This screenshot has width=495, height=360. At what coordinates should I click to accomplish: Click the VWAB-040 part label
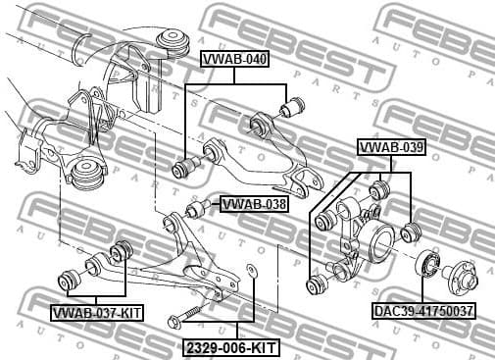tap(234, 58)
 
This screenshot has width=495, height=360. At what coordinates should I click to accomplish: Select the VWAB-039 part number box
tap(390, 147)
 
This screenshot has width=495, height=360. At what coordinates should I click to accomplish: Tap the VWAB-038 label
tap(253, 204)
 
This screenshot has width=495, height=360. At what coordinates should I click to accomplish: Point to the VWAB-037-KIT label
tap(97, 313)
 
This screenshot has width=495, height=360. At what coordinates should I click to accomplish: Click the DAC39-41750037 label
tap(423, 311)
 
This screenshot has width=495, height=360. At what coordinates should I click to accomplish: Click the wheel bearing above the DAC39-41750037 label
tap(425, 264)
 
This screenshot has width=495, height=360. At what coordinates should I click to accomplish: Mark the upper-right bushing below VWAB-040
tap(292, 104)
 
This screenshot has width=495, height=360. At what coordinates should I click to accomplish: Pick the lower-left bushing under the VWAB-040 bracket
tap(182, 169)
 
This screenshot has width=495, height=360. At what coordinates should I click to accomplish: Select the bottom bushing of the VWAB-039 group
tap(316, 285)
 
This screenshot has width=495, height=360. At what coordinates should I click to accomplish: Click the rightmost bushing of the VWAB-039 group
tap(412, 232)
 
